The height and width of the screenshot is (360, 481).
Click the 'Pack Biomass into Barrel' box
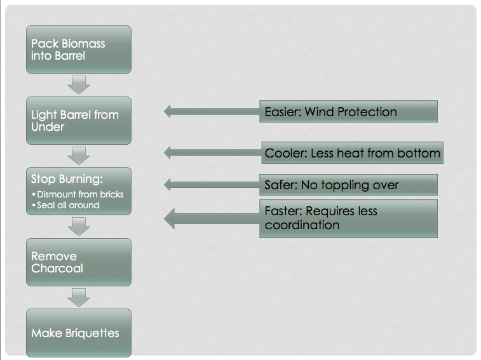tap(79, 50)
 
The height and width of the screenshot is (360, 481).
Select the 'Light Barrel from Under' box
tap(79, 121)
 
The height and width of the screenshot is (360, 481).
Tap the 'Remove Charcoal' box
tap(79, 262)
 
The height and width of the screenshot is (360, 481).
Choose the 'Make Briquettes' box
tap(79, 333)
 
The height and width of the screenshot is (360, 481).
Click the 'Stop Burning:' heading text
tap(67, 179)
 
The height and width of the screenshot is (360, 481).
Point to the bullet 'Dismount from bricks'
tap(78, 194)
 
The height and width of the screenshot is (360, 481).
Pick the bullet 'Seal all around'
tap(65, 205)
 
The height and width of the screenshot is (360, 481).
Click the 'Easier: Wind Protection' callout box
tap(348, 111)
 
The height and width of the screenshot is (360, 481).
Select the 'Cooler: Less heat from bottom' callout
tap(352, 153)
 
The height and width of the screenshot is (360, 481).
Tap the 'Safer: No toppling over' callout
tap(348, 185)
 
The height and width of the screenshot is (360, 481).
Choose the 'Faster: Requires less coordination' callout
tap(348, 218)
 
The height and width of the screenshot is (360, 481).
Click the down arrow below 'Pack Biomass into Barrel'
tap(79, 85)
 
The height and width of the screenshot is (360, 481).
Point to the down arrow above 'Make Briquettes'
tap(79, 297)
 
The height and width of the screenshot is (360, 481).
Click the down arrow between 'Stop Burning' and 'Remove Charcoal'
tap(79, 227)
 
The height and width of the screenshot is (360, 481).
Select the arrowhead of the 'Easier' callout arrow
tap(167, 111)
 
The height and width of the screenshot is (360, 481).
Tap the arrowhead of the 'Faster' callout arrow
tap(169, 218)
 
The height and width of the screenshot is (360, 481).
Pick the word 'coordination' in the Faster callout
tap(302, 225)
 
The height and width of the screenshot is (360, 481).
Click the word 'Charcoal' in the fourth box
tap(57, 269)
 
